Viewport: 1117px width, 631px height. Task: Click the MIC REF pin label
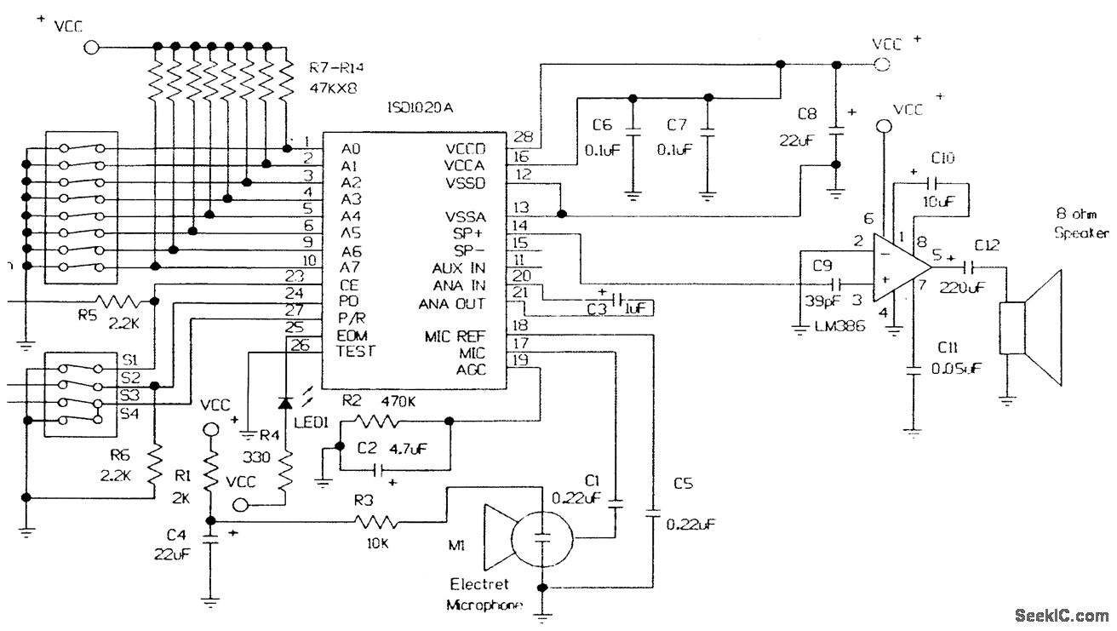tap(455, 335)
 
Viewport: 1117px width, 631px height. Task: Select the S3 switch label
tap(130, 394)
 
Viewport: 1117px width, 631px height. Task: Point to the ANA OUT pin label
tap(452, 304)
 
